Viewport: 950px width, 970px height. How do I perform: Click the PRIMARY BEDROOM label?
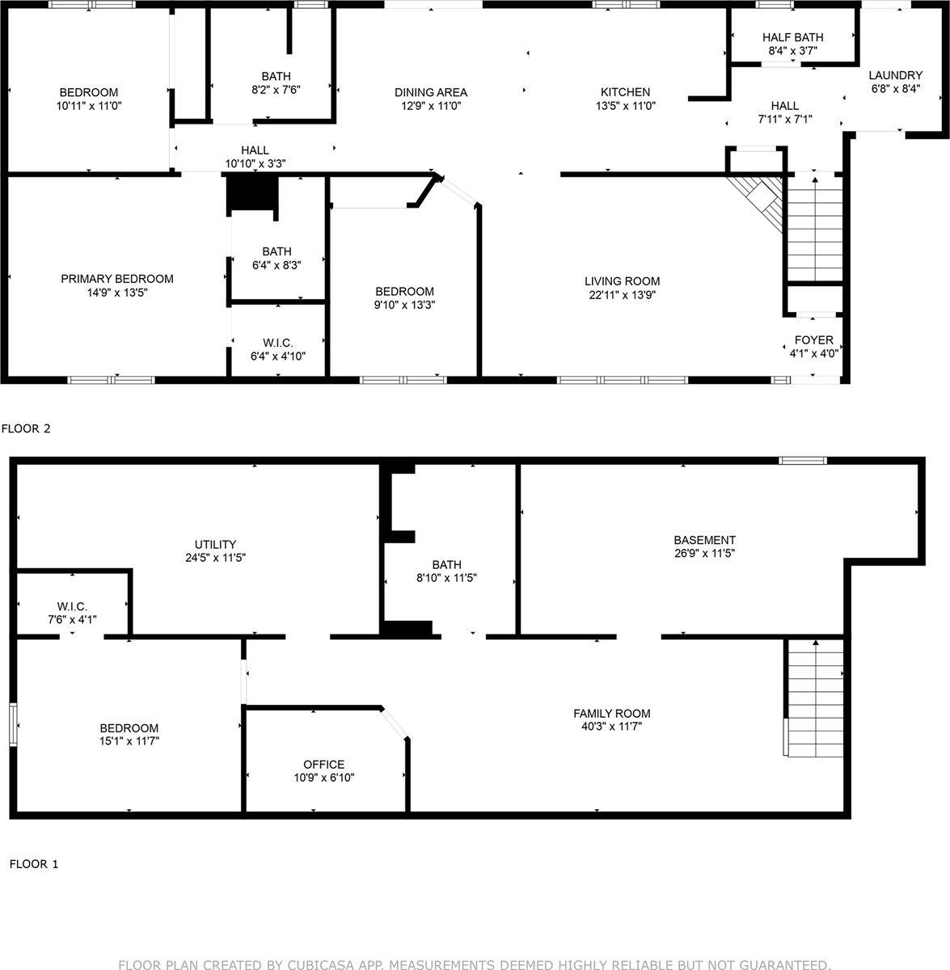pyautogui.click(x=117, y=279)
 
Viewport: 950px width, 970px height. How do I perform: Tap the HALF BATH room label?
pyautogui.click(x=792, y=37)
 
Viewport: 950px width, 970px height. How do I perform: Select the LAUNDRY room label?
pyautogui.click(x=895, y=75)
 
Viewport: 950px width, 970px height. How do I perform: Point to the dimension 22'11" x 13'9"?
pyautogui.click(x=621, y=295)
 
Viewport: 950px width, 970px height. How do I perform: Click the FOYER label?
pyautogui.click(x=813, y=339)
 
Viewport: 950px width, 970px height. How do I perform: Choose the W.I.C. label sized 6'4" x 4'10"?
pyautogui.click(x=277, y=343)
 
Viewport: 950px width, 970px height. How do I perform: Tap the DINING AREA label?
pyautogui.click(x=431, y=92)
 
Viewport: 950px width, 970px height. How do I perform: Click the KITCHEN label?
pyautogui.click(x=625, y=92)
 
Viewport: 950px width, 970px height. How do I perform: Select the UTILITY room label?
pyautogui.click(x=215, y=544)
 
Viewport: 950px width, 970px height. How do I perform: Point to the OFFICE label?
pyautogui.click(x=323, y=764)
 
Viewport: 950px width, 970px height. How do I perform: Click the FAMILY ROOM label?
pyautogui.click(x=611, y=713)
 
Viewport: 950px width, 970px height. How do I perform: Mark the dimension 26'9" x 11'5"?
pyautogui.click(x=705, y=554)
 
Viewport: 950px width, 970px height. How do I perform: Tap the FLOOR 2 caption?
pyautogui.click(x=26, y=428)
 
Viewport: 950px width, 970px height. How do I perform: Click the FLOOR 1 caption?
pyautogui.click(x=34, y=864)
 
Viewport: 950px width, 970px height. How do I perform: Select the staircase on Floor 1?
pyautogui.click(x=815, y=697)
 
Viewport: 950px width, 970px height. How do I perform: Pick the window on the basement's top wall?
pyautogui.click(x=803, y=461)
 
